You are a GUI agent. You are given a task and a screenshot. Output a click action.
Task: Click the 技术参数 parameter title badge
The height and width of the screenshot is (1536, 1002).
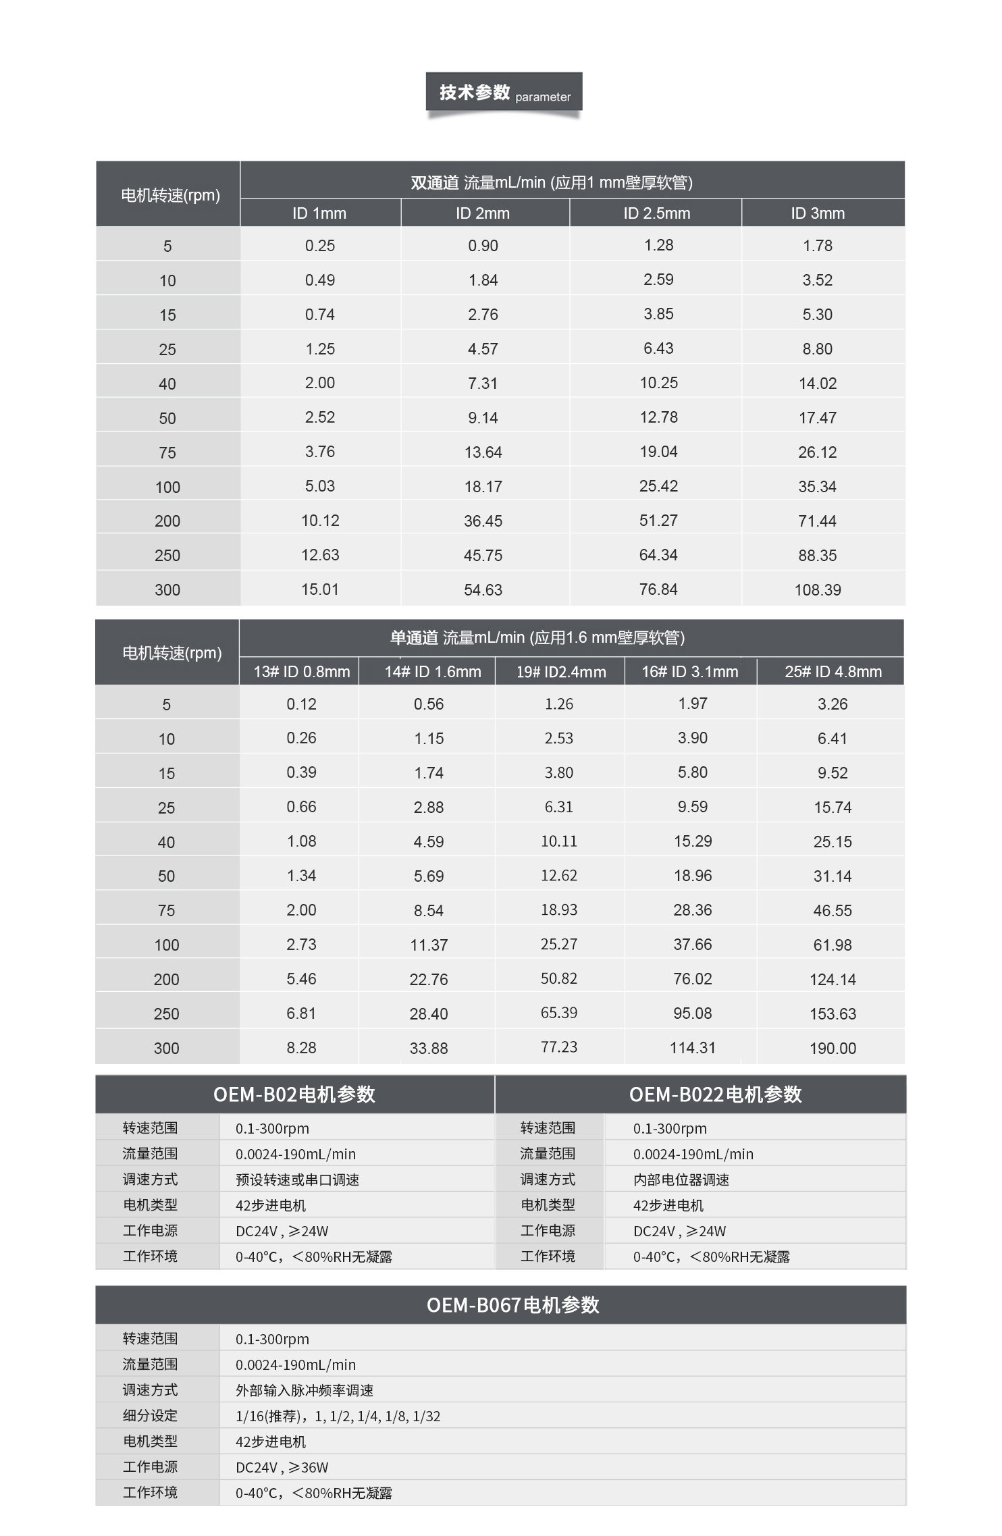point(504,92)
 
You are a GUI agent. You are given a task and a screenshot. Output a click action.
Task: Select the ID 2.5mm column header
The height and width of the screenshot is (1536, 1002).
point(656,213)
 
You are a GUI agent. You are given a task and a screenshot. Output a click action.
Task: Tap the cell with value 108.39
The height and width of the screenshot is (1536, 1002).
point(817,590)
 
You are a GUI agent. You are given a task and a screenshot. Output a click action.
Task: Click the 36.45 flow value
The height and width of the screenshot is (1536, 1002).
point(483,521)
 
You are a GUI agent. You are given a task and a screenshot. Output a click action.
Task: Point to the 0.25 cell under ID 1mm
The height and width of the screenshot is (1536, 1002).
point(319,246)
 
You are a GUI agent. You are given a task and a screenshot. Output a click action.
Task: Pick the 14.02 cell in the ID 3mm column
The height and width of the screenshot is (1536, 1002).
point(817,383)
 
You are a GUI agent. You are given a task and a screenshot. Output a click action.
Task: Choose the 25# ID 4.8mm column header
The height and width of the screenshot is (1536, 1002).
point(833,672)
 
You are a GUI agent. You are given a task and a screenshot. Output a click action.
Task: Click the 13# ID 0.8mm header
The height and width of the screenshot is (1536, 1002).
point(301,672)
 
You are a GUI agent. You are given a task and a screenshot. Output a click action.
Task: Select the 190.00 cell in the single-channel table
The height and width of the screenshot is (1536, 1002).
point(833,1049)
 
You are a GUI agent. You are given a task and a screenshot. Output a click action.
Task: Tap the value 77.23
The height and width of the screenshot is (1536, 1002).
point(558,1047)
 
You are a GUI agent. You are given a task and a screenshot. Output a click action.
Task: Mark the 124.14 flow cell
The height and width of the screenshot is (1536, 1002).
point(833,980)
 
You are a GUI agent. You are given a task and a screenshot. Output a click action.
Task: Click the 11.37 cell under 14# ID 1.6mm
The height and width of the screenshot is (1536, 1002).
point(429,945)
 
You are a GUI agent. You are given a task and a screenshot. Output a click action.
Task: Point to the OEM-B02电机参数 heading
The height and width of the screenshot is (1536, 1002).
point(294,1094)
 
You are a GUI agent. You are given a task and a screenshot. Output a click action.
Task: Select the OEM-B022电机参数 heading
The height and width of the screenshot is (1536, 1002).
point(715,1094)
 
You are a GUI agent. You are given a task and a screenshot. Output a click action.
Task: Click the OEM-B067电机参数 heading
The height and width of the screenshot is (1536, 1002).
point(512,1305)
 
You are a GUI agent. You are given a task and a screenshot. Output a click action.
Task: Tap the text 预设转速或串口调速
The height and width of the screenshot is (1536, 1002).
point(297,1180)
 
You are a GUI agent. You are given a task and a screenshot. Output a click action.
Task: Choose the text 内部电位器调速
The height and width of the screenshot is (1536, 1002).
point(681,1180)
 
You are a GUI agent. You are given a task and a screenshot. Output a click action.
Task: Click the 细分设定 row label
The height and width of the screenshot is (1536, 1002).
point(150,1416)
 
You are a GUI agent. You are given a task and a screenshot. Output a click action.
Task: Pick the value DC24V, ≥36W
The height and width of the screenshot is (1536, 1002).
point(282,1467)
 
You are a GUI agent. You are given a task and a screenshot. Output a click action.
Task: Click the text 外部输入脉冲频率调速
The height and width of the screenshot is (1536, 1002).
point(304,1390)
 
